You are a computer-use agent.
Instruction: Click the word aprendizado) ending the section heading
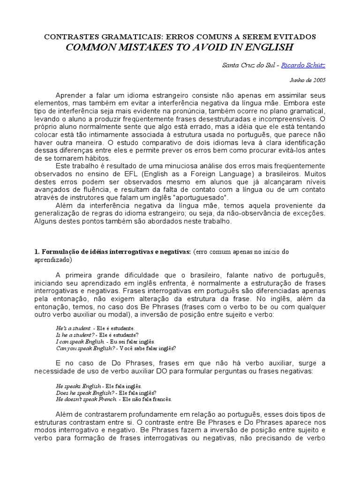52,259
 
